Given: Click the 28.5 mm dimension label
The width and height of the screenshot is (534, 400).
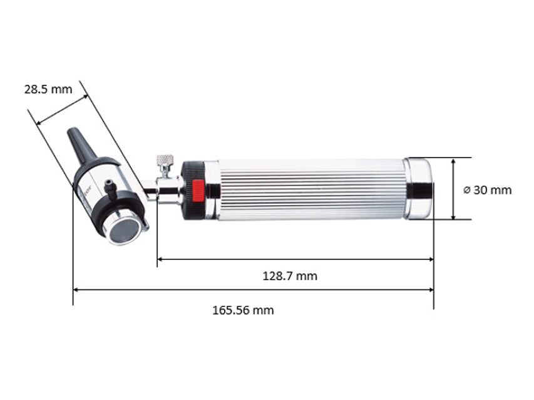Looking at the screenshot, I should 48,89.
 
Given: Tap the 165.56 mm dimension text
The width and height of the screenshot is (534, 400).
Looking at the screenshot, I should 243,310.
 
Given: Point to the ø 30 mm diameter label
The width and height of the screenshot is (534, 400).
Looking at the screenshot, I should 487,190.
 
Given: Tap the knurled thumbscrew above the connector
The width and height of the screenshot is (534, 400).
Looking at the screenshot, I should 165,163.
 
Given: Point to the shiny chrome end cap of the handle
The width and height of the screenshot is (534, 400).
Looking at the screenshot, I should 418,189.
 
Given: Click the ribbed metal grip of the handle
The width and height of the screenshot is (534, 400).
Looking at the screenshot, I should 310,189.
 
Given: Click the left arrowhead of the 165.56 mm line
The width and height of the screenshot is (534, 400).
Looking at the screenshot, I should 76,289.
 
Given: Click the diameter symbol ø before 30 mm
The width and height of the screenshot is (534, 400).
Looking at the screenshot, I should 467,190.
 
